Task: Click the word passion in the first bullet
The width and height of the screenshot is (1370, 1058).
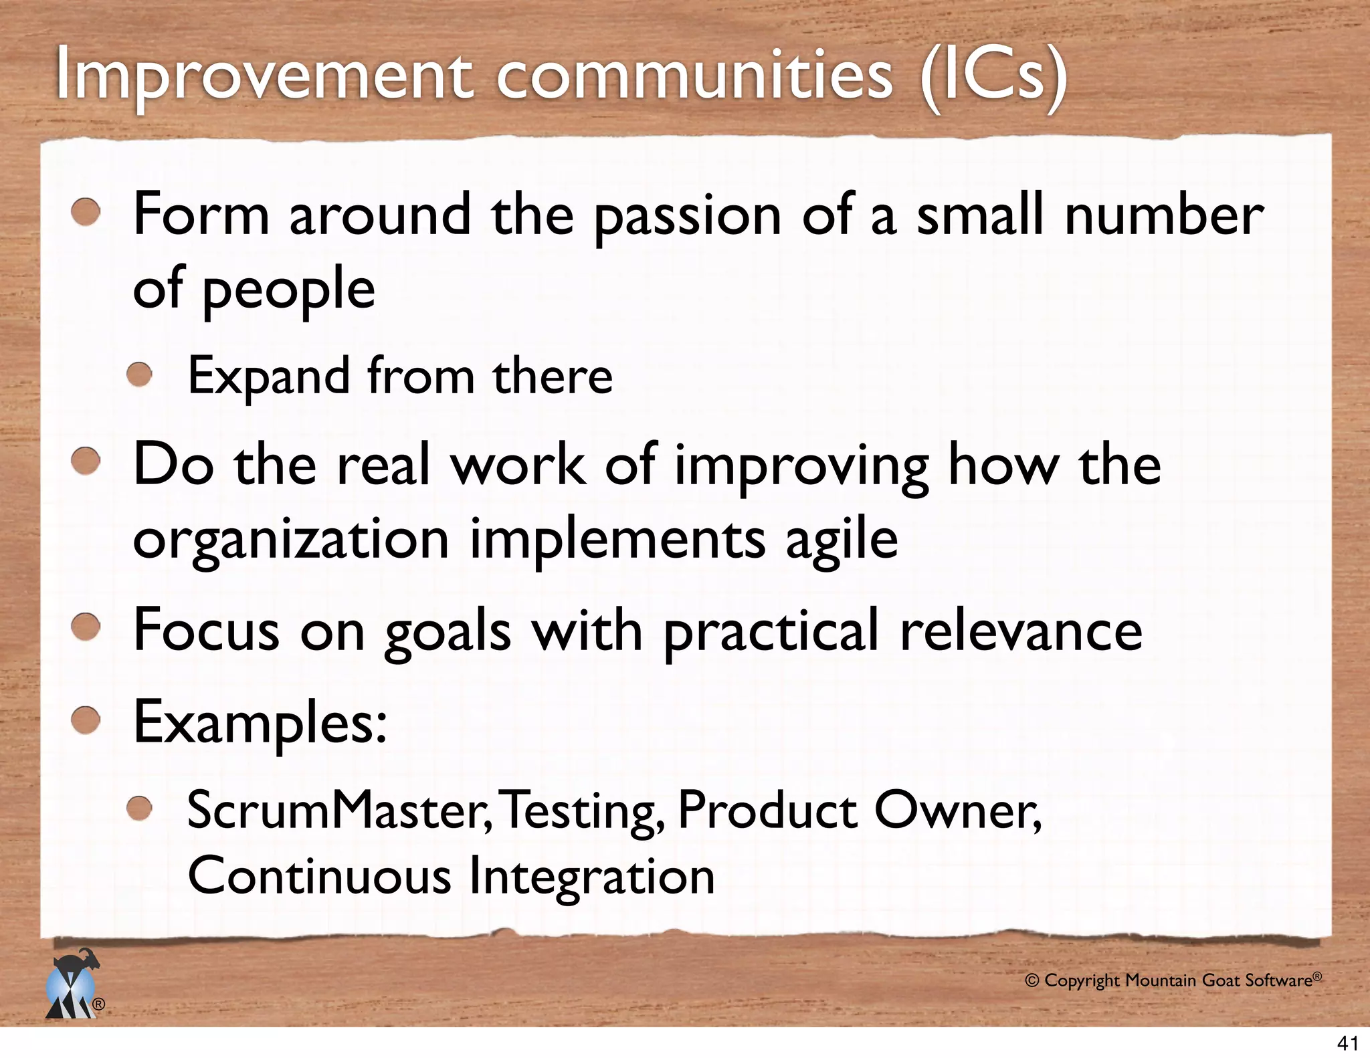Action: click(688, 215)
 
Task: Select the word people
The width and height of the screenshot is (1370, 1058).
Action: click(288, 289)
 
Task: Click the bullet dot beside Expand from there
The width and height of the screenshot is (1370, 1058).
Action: click(140, 375)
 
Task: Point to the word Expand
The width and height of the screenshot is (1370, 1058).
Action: click(268, 377)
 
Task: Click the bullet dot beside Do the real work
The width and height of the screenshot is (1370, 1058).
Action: click(86, 463)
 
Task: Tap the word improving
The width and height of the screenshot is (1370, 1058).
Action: click(801, 466)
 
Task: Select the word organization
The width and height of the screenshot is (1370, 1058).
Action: click(290, 540)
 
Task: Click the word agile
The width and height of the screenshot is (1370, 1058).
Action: click(841, 540)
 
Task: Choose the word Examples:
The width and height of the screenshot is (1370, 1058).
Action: click(260, 724)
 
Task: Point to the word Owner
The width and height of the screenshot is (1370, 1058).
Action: click(957, 811)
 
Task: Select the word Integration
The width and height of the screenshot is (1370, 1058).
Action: click(591, 876)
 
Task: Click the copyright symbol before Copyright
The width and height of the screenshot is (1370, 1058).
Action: click(1032, 981)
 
